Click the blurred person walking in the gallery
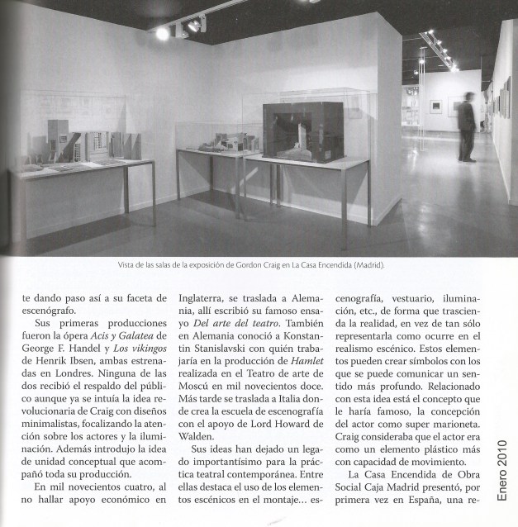(467, 124)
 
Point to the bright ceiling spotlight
(163, 33)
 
